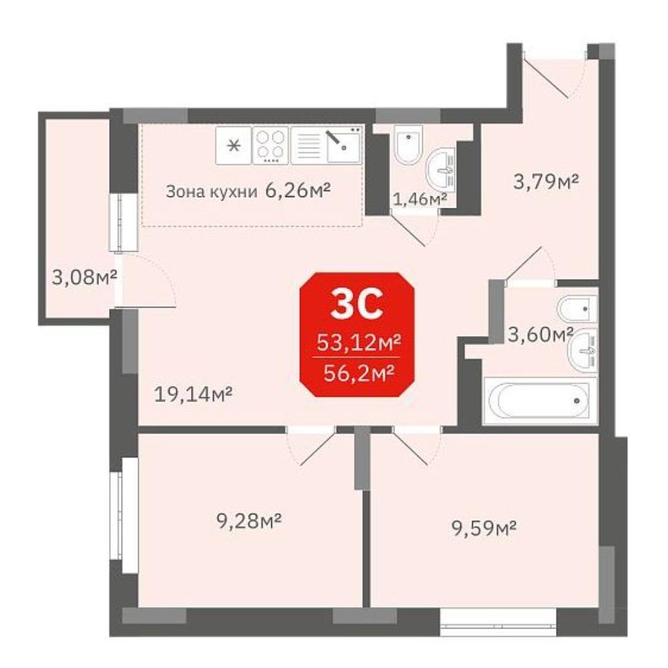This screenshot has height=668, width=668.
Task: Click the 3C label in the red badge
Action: point(357,304)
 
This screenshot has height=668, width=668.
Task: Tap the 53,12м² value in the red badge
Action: point(358,341)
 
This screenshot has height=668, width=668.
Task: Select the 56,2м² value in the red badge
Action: point(358,373)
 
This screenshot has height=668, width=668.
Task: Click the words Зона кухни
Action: point(211,192)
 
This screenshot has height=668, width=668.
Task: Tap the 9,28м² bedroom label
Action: point(249,520)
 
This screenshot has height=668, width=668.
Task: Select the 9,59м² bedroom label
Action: point(484,528)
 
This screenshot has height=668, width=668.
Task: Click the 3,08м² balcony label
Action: point(84,278)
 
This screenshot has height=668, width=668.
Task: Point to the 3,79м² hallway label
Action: point(546,182)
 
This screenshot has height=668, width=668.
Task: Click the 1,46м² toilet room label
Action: point(420,199)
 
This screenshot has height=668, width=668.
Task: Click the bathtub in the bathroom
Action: point(539,400)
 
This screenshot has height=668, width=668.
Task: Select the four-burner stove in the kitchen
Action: point(271,145)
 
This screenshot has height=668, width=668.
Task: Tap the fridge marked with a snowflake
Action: point(233,145)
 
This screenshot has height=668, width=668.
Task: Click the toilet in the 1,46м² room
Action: point(408,144)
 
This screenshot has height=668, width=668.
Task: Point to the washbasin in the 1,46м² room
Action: point(441,169)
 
